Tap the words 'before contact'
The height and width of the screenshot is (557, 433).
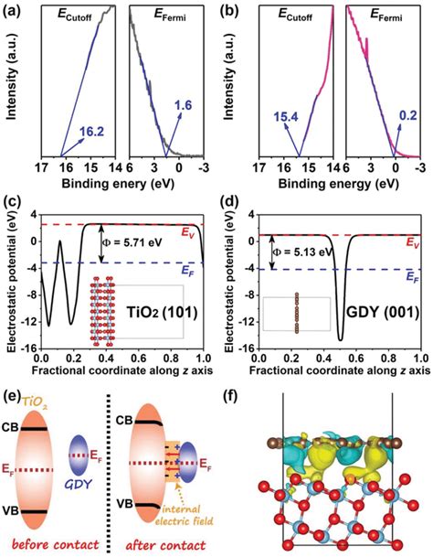(55, 541)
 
